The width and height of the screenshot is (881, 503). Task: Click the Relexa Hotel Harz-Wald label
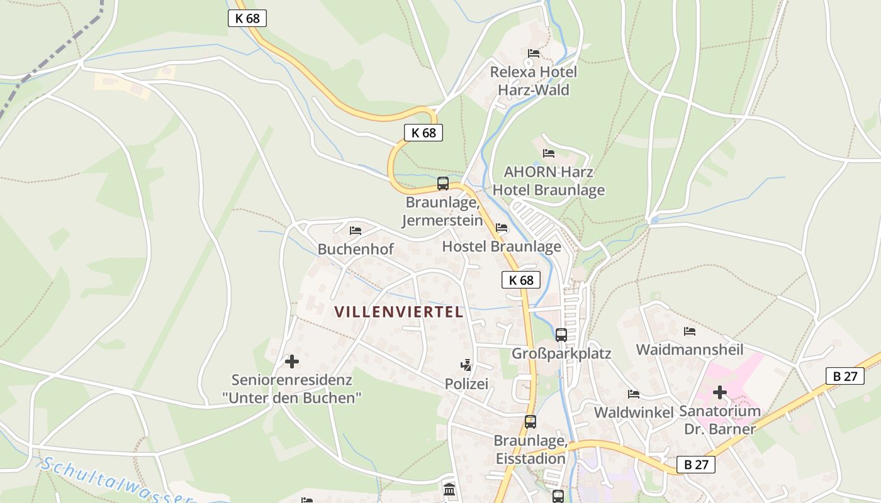(x=534, y=80)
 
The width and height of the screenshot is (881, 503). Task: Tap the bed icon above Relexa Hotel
(x=534, y=53)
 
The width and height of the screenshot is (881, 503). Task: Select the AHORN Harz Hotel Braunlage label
(x=549, y=180)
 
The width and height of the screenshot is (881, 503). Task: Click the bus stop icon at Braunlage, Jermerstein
(x=443, y=184)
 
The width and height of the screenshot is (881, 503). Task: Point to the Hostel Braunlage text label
(x=502, y=246)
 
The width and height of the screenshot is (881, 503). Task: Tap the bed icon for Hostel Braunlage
(x=502, y=228)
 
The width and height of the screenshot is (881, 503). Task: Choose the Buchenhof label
(x=356, y=249)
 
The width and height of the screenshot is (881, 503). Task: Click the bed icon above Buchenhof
(x=356, y=231)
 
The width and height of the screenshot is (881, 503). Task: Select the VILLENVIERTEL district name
(x=399, y=312)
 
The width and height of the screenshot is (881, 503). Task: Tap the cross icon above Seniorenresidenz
(x=292, y=362)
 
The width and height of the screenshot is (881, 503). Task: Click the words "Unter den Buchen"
(x=292, y=398)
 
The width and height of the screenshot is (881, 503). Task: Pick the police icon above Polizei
(x=466, y=365)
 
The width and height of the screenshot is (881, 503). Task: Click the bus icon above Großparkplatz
(x=561, y=334)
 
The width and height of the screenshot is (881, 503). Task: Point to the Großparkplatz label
(x=561, y=353)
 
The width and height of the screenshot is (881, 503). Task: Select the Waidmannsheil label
(x=690, y=350)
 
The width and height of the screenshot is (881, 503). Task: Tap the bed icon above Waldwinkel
(x=634, y=394)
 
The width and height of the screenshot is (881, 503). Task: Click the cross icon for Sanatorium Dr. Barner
(x=720, y=393)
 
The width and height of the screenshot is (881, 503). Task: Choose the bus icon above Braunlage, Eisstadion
(x=530, y=422)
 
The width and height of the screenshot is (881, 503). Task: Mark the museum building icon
(x=449, y=489)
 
